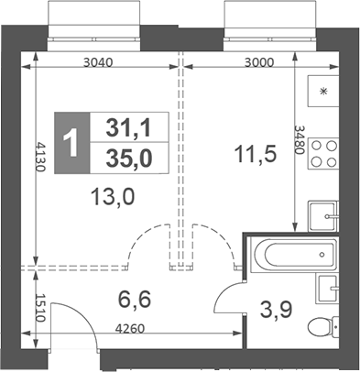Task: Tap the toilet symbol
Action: click(x=322, y=326)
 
